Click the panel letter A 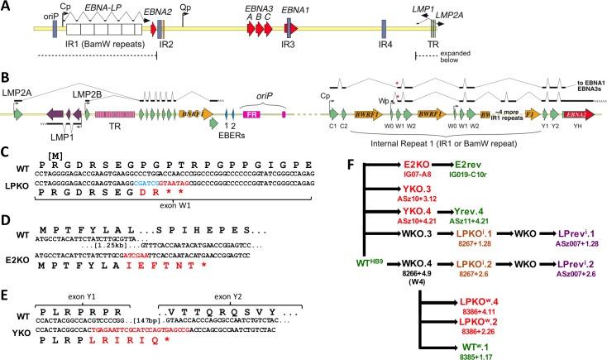(x=7, y=7)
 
